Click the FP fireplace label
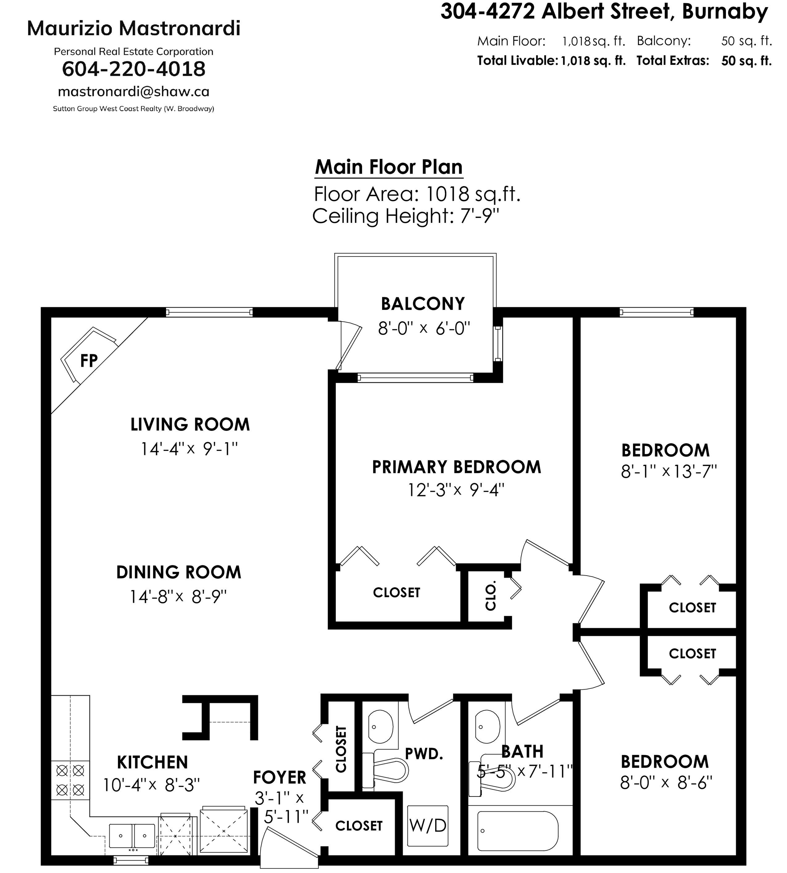(x=89, y=360)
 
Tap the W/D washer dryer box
(x=428, y=826)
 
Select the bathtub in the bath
(x=517, y=832)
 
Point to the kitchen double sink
(x=132, y=837)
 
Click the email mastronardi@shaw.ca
(x=133, y=92)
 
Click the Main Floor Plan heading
(x=389, y=167)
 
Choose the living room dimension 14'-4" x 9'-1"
(x=190, y=449)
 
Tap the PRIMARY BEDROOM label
(x=457, y=467)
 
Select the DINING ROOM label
(x=179, y=572)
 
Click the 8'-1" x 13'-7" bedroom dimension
(x=669, y=471)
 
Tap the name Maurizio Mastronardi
(x=133, y=28)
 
